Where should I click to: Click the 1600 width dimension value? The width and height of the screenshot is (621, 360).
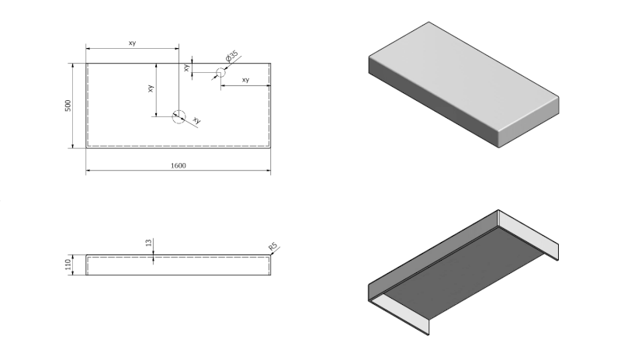pos(178,165)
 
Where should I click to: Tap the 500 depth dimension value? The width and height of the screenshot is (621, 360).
pos(68,106)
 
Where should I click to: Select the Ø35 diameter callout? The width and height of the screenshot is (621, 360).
pos(232,57)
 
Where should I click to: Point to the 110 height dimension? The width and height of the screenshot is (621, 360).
pos(68,265)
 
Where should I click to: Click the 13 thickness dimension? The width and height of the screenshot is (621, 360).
pos(147,244)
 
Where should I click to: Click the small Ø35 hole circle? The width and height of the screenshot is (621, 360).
pos(220,72)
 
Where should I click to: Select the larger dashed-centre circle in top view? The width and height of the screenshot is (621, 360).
pos(179,116)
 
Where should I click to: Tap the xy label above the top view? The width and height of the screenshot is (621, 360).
pos(132,43)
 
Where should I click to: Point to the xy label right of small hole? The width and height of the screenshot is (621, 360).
pos(245,80)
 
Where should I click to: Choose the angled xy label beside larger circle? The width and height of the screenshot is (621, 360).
pos(196,120)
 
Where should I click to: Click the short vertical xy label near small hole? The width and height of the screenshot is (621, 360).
pos(187,67)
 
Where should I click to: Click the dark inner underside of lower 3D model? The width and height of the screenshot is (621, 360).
pos(466,272)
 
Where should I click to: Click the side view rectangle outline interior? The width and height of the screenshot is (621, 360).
pos(178,265)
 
